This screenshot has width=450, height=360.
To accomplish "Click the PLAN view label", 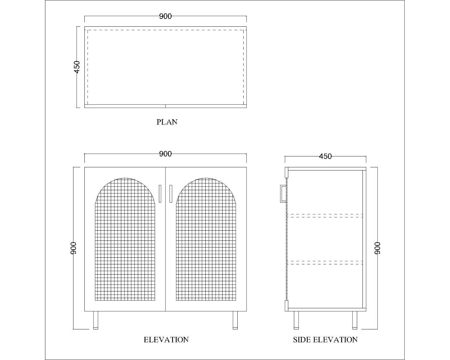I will click(x=167, y=122).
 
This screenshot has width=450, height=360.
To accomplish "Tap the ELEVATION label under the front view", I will click(x=166, y=340).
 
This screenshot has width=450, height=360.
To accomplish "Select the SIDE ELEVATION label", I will click(x=325, y=340).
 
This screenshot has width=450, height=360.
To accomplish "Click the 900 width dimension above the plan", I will click(x=165, y=16).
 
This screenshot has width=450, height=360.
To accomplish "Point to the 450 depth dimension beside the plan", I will click(x=77, y=67).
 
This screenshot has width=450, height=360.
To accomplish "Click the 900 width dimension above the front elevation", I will click(x=165, y=154).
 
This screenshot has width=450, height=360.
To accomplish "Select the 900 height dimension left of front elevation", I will click(x=73, y=248).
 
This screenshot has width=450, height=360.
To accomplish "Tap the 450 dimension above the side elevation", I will click(x=325, y=156).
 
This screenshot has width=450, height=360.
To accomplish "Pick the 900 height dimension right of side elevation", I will click(x=378, y=248).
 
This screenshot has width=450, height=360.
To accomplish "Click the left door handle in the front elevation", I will click(x=160, y=193).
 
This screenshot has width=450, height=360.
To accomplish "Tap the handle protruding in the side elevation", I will click(x=283, y=193).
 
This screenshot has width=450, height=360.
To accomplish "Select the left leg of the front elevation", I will click(x=95, y=320).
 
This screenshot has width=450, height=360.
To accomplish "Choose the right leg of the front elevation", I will click(x=235, y=320).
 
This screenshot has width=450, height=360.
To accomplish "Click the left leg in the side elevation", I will click(x=296, y=320).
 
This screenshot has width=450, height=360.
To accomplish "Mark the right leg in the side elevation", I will click(x=355, y=320).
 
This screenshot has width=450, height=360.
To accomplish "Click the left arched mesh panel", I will click(x=125, y=243).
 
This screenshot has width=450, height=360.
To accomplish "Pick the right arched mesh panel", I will click(x=206, y=243).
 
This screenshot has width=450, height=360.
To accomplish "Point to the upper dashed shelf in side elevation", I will click(x=325, y=216).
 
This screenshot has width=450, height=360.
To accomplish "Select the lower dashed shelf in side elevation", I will click(x=325, y=262).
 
